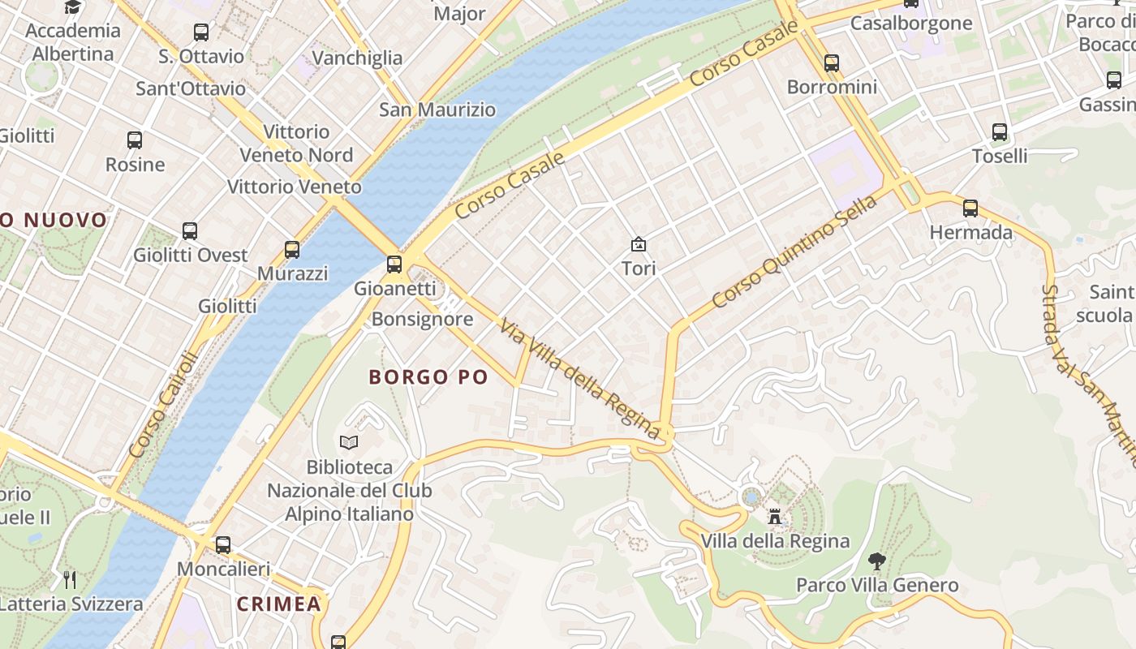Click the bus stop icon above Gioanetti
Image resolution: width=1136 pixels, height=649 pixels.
[x=394, y=264]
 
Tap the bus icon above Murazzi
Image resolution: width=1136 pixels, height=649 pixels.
[x=292, y=250]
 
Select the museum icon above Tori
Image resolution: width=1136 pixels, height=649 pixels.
[x=639, y=243]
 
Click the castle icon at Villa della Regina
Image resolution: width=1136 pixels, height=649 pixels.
[x=775, y=517]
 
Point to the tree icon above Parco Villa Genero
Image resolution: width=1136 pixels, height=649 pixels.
[x=876, y=561]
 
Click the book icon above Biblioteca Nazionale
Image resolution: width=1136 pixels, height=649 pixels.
[x=349, y=443]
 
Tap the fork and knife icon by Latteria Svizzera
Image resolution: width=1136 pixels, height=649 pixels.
[x=70, y=579]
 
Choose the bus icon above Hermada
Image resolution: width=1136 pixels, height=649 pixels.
[x=970, y=208]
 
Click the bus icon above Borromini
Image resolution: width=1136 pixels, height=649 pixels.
[x=832, y=62]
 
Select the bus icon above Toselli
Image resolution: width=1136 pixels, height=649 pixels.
[x=1000, y=131]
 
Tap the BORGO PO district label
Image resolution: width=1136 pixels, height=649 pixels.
[x=428, y=377]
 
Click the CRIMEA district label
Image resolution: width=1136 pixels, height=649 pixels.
[x=279, y=604]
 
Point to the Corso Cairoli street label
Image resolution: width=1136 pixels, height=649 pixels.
[x=162, y=403]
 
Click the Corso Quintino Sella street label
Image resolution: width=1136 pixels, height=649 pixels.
[x=794, y=251]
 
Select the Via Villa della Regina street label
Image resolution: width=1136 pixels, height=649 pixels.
[x=579, y=379]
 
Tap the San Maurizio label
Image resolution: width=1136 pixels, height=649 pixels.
[x=437, y=110]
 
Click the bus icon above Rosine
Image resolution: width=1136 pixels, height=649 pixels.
[x=135, y=140]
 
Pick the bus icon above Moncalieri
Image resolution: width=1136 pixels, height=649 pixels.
[x=223, y=544]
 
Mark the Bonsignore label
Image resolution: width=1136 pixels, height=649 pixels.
[x=422, y=319]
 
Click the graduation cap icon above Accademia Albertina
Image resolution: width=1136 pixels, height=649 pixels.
[x=73, y=7]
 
